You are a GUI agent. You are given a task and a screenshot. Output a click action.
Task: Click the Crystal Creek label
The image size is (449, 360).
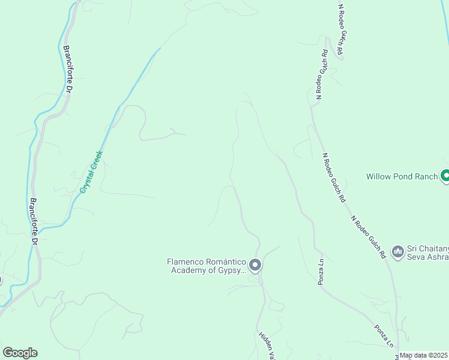[x=92, y=172]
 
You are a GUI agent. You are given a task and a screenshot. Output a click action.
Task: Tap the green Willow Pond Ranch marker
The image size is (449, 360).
[x=445, y=176]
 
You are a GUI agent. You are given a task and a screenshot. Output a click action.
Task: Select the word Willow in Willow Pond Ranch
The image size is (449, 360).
[x=378, y=176]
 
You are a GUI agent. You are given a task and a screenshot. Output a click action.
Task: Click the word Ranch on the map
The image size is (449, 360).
[x=426, y=176]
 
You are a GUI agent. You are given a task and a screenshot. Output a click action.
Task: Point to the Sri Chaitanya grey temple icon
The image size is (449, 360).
[x=397, y=252]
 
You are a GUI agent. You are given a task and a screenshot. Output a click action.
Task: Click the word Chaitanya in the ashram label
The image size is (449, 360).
[x=432, y=248]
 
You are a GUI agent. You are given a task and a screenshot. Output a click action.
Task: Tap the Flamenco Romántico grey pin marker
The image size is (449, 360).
[x=255, y=265]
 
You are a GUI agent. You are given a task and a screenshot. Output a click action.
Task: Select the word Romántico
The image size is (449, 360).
[x=225, y=262]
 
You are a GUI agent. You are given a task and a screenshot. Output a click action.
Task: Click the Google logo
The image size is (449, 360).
[x=20, y=353]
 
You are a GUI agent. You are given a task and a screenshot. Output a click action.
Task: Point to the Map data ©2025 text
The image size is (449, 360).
[x=424, y=355]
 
